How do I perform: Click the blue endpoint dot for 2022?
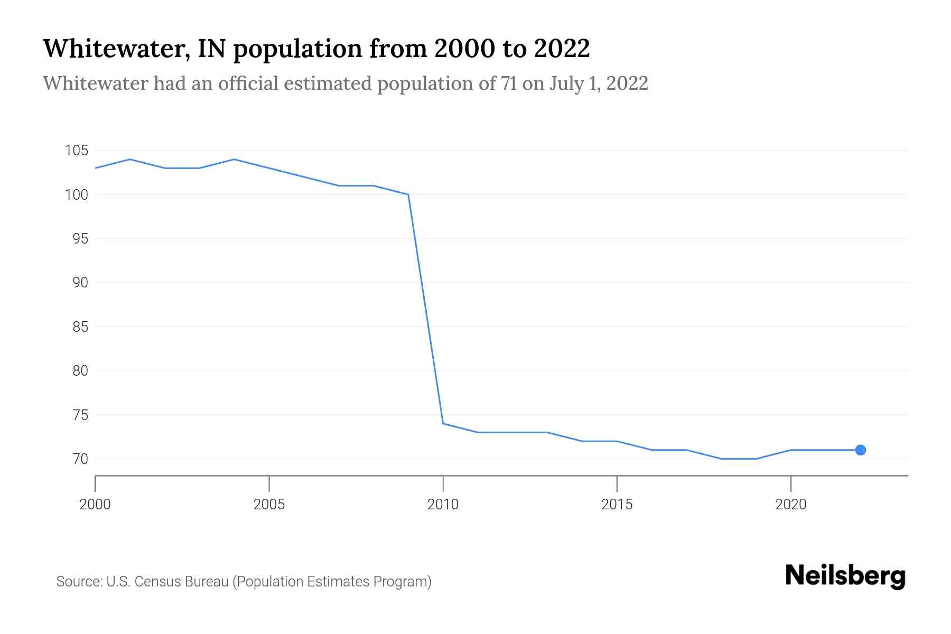(x=860, y=450)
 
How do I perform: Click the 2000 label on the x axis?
(x=95, y=505)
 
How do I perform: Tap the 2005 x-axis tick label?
(x=269, y=505)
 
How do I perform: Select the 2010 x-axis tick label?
(x=443, y=505)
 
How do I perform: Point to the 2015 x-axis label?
(x=617, y=505)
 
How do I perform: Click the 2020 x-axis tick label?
(x=790, y=505)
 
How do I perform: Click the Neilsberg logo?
(x=845, y=576)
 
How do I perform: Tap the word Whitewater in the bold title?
(x=116, y=49)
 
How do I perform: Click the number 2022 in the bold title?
(x=561, y=49)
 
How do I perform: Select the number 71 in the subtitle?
(x=509, y=83)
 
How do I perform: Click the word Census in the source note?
(x=155, y=582)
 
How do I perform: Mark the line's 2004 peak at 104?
(x=234, y=160)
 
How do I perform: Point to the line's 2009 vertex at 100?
(x=408, y=194)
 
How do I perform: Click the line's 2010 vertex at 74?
(x=443, y=424)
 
